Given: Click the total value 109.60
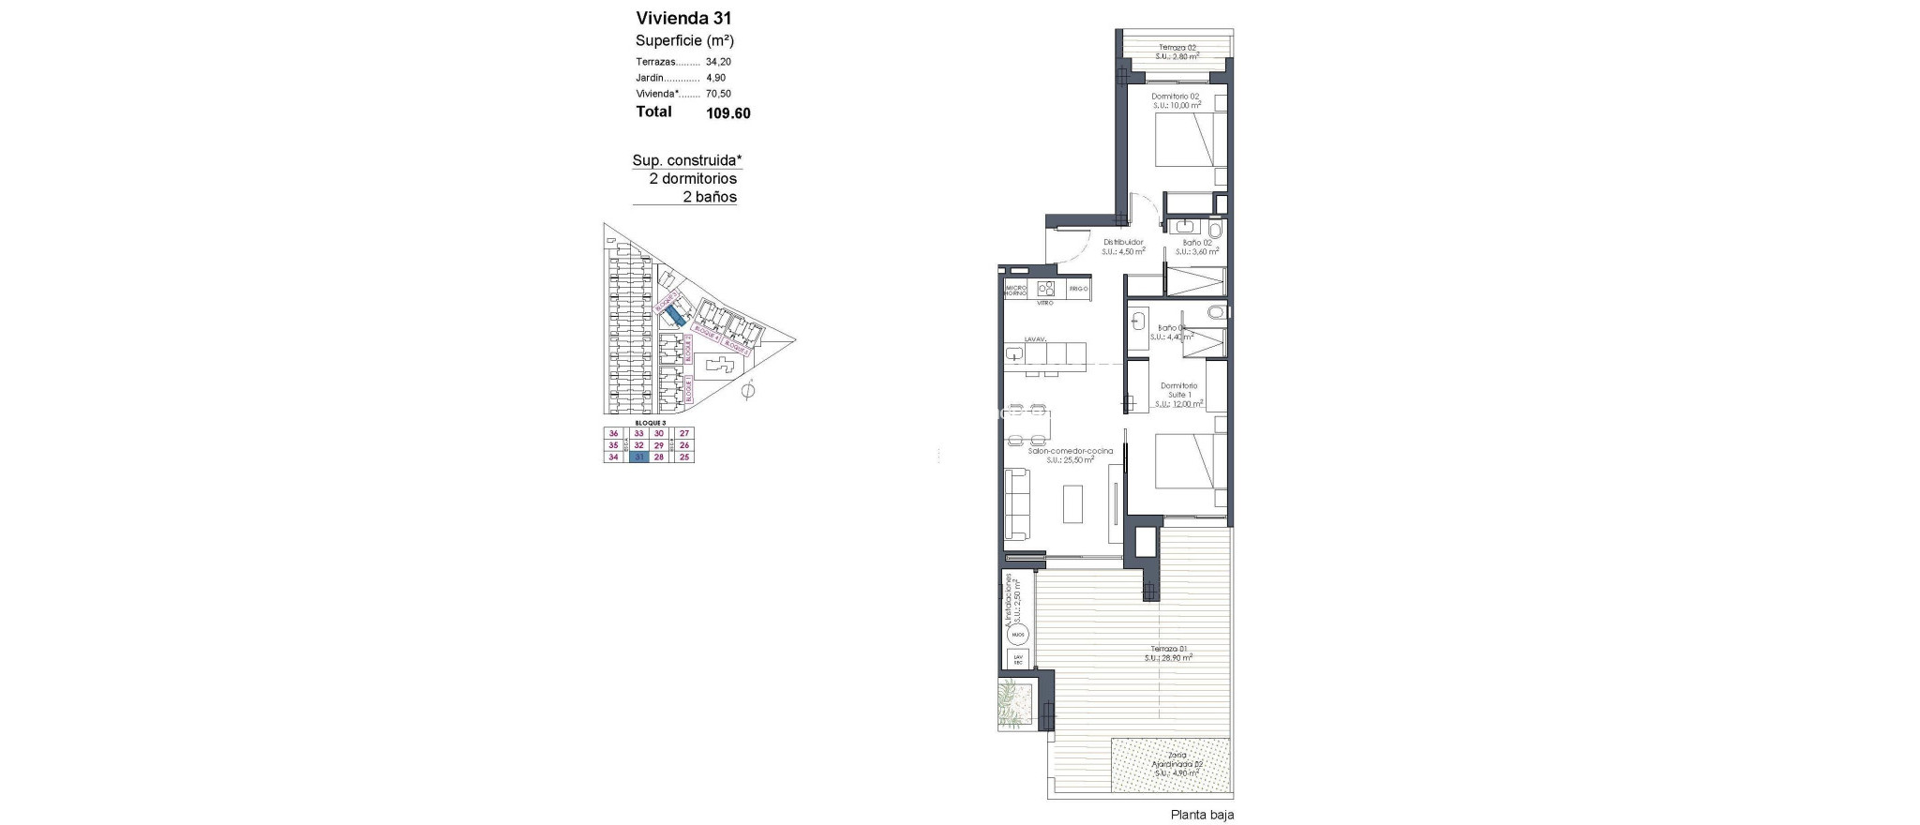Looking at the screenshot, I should pos(728,113).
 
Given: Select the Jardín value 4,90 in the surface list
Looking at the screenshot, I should pos(715,78).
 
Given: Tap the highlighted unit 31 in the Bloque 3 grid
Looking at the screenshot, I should pos(639,457).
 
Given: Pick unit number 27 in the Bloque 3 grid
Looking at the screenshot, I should pos(684,433).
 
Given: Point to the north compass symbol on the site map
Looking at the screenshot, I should pos(747,391).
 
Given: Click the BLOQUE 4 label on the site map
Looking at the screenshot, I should pos(706,337).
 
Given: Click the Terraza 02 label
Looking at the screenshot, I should pos(1177,48).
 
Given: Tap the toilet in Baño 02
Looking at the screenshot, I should pos(1215,229).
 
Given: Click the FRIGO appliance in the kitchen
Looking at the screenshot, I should pos(1078,289).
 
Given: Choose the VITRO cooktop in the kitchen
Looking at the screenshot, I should pos(1045,290).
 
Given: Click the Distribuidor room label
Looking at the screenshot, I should pos(1122,242).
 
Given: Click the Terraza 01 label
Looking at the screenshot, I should pos(1169,649).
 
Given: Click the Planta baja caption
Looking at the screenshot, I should pos(1202,815).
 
